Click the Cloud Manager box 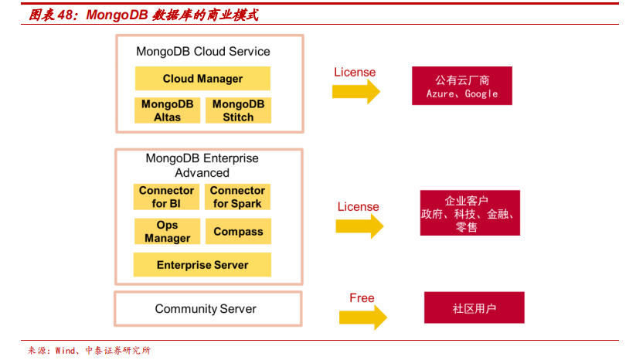tap(202, 78)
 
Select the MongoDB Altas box tap(167, 110)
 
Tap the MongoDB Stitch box tap(238, 110)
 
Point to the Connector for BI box tap(166, 197)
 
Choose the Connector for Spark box tap(238, 197)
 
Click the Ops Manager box tap(167, 231)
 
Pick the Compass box tap(238, 231)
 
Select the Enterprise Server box tap(202, 265)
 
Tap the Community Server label tap(206, 309)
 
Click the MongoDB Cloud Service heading tap(202, 52)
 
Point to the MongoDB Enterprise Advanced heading tap(202, 165)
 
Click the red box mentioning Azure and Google tap(462, 86)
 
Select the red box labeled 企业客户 tap(470, 213)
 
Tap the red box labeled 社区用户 tap(474, 307)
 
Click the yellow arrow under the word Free tap(363, 317)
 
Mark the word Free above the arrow tap(362, 298)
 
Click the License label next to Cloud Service tap(355, 72)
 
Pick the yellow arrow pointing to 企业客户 tap(359, 226)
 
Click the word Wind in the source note tap(66, 350)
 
